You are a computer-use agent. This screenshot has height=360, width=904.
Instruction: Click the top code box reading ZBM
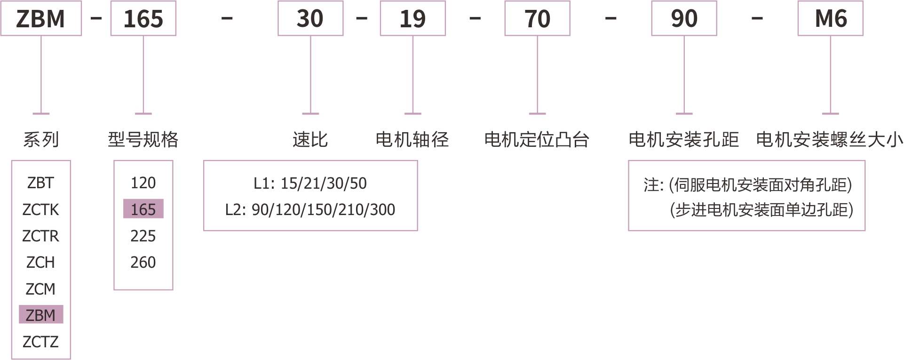point(41,19)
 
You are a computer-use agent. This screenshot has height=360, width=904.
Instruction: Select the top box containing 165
point(143,19)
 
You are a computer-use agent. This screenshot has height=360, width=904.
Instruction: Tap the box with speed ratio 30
point(310,19)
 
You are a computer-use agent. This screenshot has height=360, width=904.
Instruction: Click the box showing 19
point(413,19)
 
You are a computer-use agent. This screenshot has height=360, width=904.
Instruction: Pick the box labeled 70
point(537,19)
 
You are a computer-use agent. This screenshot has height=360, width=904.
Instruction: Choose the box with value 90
point(684,19)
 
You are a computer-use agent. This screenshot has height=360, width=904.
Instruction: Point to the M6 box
point(831,19)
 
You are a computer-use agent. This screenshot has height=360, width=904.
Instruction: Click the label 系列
point(41,140)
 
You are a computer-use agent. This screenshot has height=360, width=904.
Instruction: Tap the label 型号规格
point(143,140)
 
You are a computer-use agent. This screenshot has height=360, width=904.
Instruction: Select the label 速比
point(310,140)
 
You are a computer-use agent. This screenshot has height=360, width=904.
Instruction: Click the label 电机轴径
point(412,140)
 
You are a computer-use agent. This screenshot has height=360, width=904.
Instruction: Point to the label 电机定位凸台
point(537,140)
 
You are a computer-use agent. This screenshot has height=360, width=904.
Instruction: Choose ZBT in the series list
point(41,183)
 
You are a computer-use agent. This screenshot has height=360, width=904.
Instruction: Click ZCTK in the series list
point(41,209)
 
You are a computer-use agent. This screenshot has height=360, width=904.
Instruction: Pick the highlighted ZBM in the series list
point(41,315)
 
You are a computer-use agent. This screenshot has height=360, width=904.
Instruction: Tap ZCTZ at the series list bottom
point(41,342)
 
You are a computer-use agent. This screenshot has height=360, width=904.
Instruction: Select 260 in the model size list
point(143,262)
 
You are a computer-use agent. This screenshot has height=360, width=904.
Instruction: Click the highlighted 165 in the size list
point(143,209)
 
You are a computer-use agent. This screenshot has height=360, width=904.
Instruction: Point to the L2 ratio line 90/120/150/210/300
point(310,209)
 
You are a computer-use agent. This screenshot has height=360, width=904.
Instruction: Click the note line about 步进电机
point(761,210)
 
